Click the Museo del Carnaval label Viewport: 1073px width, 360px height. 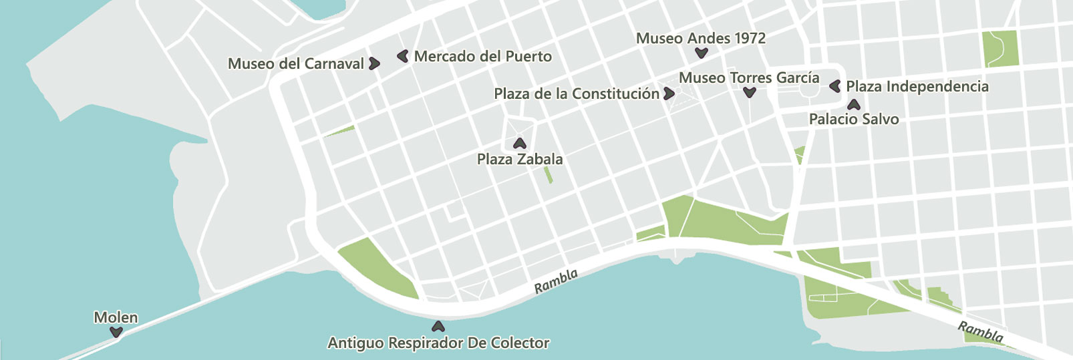pyautogui.click(x=296, y=64)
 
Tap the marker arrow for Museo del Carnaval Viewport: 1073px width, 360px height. pyautogui.click(x=375, y=63)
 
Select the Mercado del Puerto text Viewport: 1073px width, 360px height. pyautogui.click(x=483, y=57)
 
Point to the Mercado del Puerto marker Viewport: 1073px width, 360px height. pyautogui.click(x=402, y=56)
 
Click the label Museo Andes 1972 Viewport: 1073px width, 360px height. pyautogui.click(x=701, y=39)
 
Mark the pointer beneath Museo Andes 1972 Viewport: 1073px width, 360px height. pyautogui.click(x=701, y=53)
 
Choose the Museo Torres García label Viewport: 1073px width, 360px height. pyautogui.click(x=749, y=78)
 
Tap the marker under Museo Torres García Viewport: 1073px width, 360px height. pyautogui.click(x=750, y=93)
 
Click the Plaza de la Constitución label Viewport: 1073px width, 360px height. pyautogui.click(x=577, y=94)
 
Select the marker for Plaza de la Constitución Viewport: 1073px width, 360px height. pyautogui.click(x=669, y=94)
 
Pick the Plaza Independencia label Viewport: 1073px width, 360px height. pyautogui.click(x=917, y=87)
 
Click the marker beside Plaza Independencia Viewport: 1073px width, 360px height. pyautogui.click(x=834, y=86)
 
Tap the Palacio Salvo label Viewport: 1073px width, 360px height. pyautogui.click(x=854, y=120)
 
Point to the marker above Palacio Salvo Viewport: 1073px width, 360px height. pyautogui.click(x=853, y=105)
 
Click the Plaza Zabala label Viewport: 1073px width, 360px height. pyautogui.click(x=520, y=160)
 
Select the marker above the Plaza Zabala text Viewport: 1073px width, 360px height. pyautogui.click(x=519, y=144)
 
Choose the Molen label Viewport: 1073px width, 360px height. pyautogui.click(x=116, y=318)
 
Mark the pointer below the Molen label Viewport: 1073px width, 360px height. pyautogui.click(x=116, y=332)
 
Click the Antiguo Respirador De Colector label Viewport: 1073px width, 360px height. pyautogui.click(x=438, y=343)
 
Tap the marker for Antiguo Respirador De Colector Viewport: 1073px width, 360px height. pyautogui.click(x=438, y=327)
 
